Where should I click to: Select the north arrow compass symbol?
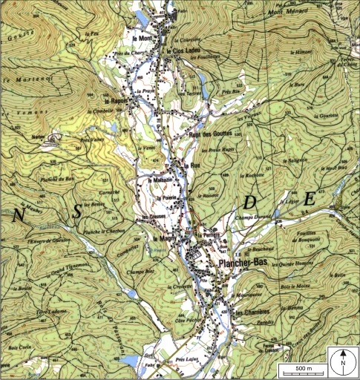tap(343, 361)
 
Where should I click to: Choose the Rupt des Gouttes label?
tap(212, 134)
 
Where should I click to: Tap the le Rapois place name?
tap(116, 101)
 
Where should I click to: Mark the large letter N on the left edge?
tap(16, 215)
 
